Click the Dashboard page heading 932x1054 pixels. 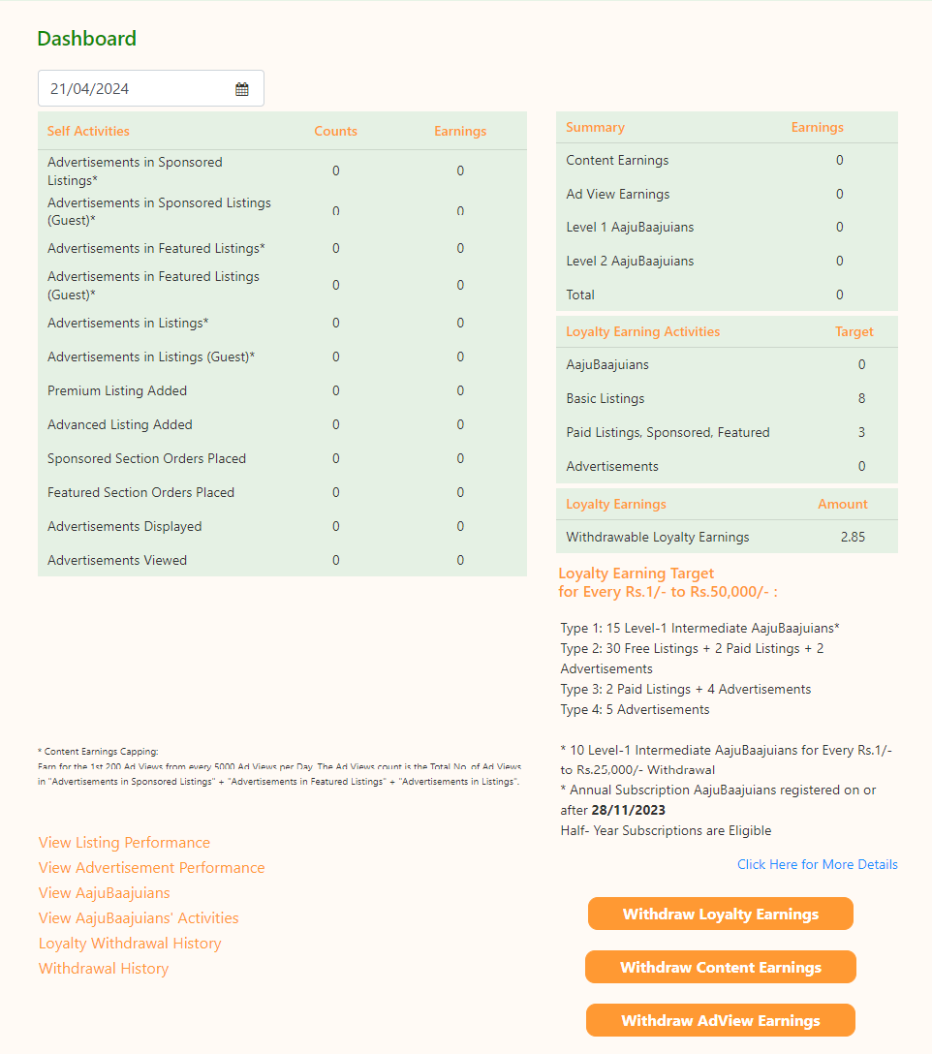tap(86, 39)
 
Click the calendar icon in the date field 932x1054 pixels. tap(242, 89)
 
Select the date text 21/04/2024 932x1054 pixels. tap(90, 89)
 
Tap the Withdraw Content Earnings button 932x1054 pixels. tap(720, 967)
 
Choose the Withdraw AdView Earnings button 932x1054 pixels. tap(720, 1020)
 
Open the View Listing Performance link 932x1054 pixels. tap(124, 843)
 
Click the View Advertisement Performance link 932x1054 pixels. tap(151, 868)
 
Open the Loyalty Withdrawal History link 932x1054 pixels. tap(130, 944)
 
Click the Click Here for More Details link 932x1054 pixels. tap(817, 864)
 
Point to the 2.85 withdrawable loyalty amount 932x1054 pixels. tap(853, 537)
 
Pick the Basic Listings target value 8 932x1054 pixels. tap(861, 398)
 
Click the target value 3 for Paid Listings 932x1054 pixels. tap(861, 432)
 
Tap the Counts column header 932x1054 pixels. tap(335, 131)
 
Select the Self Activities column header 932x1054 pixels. tap(88, 131)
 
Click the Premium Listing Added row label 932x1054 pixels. tap(117, 390)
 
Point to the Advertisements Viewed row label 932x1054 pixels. tap(117, 560)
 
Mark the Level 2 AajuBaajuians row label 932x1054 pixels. tap(630, 261)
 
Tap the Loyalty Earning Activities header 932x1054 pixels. tap(642, 331)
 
